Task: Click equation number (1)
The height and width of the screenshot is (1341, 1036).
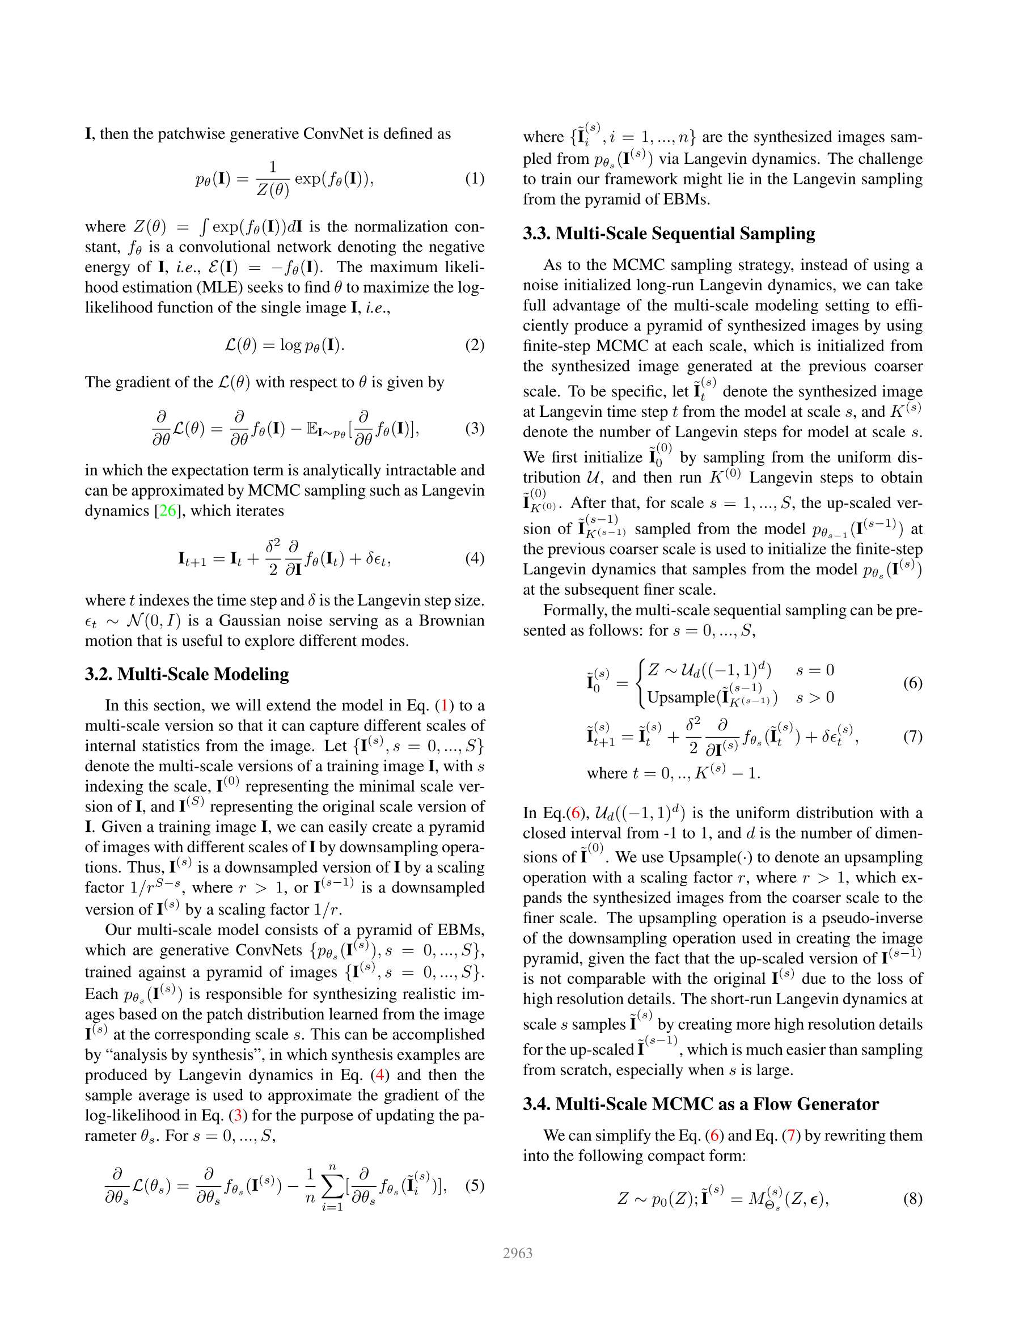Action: pyautogui.click(x=474, y=179)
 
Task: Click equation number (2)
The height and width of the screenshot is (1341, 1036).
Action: pyautogui.click(x=474, y=345)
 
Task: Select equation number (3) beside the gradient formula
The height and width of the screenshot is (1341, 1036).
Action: pyautogui.click(x=474, y=428)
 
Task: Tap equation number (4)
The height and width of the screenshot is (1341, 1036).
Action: pyautogui.click(x=474, y=558)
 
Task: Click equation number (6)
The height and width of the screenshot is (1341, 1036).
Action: pyautogui.click(x=912, y=683)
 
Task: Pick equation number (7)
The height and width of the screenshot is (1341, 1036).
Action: pyautogui.click(x=912, y=736)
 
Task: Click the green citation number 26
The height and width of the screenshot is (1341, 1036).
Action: pyautogui.click(x=168, y=510)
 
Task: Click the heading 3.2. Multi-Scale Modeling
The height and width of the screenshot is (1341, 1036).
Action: pyautogui.click(x=187, y=674)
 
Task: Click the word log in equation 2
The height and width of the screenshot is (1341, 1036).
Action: pyautogui.click(x=290, y=345)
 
